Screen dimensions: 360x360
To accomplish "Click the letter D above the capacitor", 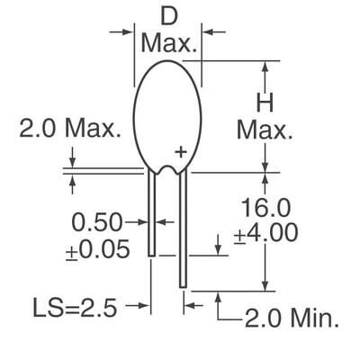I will [x=168, y=15].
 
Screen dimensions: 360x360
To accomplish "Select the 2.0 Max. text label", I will [x=70, y=129].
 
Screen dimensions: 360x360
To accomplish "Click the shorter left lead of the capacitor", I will [x=153, y=211].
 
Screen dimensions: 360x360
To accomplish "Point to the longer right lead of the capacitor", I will [x=184, y=229].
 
